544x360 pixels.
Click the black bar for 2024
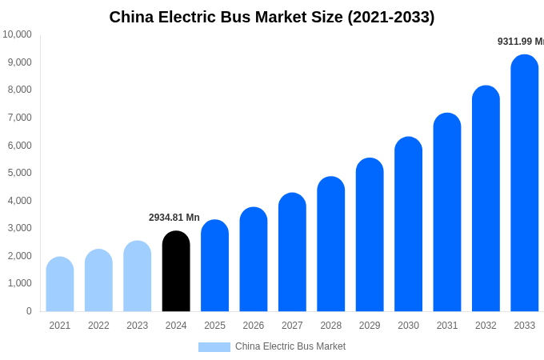click(176, 271)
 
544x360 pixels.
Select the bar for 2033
click(524, 183)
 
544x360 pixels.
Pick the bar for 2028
click(330, 244)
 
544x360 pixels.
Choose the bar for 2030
click(408, 224)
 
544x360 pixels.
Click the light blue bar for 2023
click(138, 276)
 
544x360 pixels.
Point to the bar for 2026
click(254, 259)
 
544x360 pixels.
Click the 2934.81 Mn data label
click(174, 218)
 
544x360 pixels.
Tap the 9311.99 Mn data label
click(520, 42)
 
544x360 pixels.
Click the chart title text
click(272, 17)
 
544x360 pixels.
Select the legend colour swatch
click(214, 347)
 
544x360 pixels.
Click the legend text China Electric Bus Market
click(290, 346)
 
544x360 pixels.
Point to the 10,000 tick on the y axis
click(17, 34)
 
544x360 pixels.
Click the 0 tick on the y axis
click(29, 311)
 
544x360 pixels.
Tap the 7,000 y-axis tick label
click(19, 118)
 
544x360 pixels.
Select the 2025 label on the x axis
click(214, 326)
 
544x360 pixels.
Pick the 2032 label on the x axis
click(486, 326)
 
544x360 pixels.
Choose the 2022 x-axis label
click(98, 326)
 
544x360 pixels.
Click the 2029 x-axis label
click(370, 326)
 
